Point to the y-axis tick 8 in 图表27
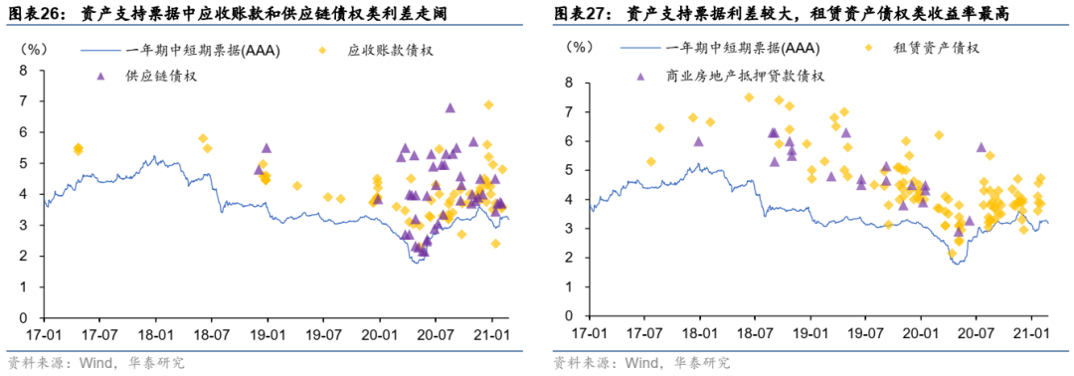570,83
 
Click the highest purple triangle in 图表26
449,107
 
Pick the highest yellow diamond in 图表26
488,104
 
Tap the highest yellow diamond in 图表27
749,97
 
